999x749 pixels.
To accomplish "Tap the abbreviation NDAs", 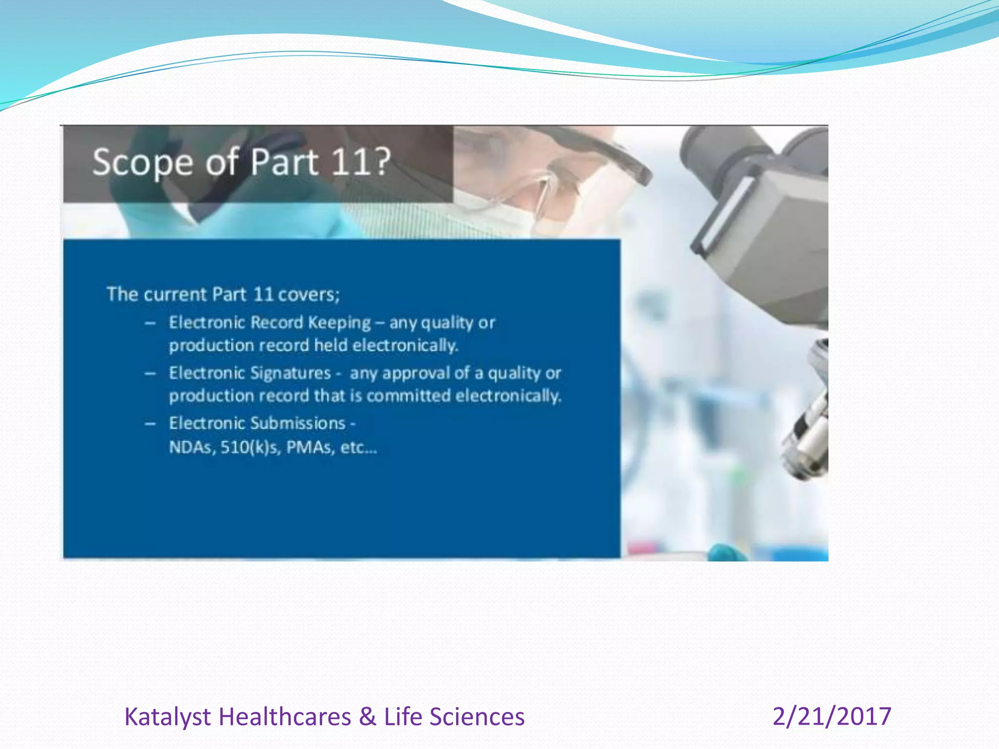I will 192,447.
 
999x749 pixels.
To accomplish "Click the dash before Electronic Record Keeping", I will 150,323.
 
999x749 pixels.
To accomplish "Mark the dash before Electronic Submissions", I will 150,423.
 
